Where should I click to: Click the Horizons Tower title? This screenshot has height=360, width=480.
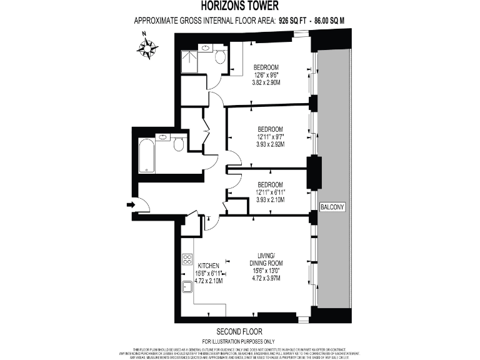tap(240, 6)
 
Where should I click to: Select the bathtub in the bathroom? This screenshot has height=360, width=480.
tap(147, 155)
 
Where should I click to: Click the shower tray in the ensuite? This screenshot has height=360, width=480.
tap(188, 59)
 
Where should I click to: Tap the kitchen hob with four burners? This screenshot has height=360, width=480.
tap(187, 259)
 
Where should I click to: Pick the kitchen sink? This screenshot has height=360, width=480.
tap(187, 287)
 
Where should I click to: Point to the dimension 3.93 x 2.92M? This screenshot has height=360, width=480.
tap(270, 144)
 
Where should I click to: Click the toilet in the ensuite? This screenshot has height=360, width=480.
tap(220, 57)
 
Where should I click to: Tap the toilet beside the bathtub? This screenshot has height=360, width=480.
tap(178, 145)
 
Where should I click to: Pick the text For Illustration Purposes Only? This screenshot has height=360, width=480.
tap(239, 341)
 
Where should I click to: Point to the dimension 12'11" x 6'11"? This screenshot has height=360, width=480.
tap(271, 192)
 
